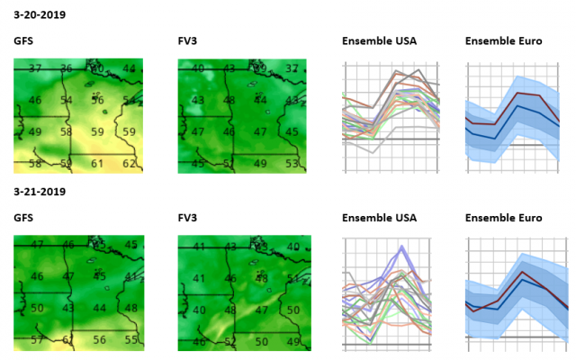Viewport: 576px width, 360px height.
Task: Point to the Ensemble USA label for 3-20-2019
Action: [x=379, y=41]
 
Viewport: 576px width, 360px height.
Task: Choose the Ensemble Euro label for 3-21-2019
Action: [x=503, y=218]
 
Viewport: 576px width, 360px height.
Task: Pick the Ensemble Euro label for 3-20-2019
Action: [x=503, y=41]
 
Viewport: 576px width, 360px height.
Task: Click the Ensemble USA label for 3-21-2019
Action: [x=379, y=218]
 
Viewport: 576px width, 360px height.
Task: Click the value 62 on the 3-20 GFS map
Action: [x=130, y=164]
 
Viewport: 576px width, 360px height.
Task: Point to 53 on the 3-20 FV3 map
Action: [x=291, y=163]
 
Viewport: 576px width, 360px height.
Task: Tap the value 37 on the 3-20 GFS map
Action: [x=35, y=68]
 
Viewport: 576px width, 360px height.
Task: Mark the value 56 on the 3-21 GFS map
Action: [x=99, y=340]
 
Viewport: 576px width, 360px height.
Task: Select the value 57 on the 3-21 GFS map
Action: [x=36, y=340]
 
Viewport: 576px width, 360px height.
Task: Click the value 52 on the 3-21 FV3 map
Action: [x=229, y=342]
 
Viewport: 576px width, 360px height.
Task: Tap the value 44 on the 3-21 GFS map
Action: [x=99, y=309]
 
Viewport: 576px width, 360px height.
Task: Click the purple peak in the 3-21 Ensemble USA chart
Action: [x=402, y=247]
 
